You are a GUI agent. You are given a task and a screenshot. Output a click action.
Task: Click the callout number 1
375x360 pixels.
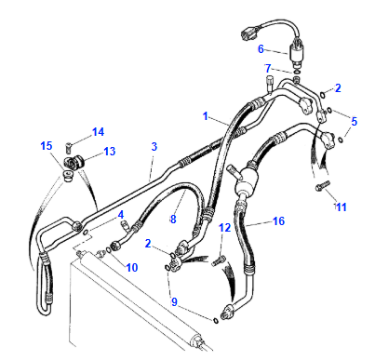tap(207, 117)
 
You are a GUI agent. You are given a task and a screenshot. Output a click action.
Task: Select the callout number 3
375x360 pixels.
tap(154, 147)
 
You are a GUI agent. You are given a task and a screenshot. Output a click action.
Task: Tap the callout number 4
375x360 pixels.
tap(120, 216)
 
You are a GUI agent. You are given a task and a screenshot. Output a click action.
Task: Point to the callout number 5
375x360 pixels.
tap(353, 120)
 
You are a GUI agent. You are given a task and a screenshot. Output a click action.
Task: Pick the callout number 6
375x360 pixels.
tap(261, 49)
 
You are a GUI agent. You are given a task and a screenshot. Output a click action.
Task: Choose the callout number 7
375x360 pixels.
tap(268, 68)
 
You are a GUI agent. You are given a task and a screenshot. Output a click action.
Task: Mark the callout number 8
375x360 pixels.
tap(171, 220)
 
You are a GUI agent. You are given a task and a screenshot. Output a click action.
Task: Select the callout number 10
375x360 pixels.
tap(132, 268)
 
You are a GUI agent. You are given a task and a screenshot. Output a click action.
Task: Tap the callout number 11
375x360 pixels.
tap(342, 206)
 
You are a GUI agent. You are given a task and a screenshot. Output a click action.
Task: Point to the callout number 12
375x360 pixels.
tap(224, 228)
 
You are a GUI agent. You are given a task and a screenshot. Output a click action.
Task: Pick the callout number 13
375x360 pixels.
tap(109, 152)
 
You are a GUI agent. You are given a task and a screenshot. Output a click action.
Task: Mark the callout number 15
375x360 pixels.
tap(47, 147)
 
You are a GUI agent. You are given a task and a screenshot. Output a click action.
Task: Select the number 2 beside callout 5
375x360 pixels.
tap(338, 89)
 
